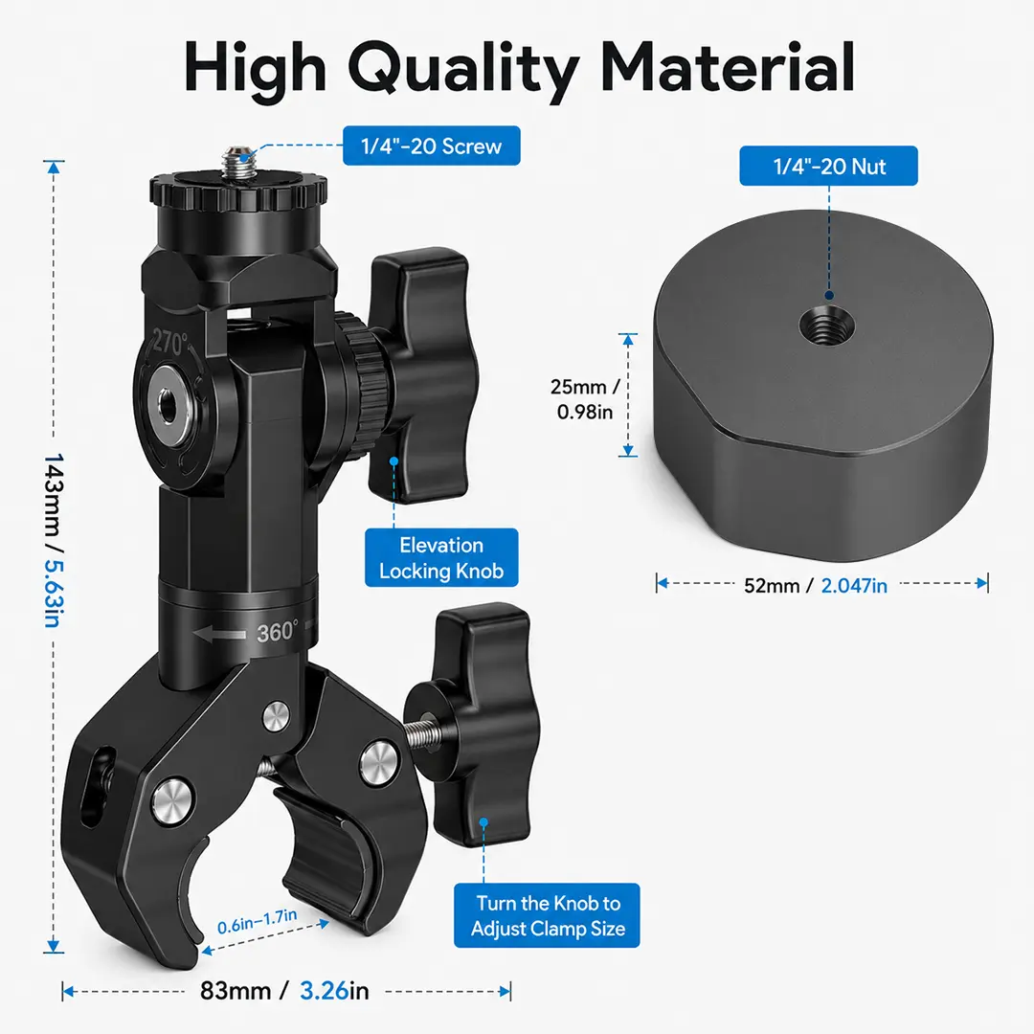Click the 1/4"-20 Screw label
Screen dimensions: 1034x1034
tap(431, 146)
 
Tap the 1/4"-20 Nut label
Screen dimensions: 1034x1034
tap(828, 167)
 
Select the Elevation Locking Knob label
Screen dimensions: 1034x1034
tap(441, 558)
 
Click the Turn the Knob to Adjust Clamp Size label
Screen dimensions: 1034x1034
tap(547, 915)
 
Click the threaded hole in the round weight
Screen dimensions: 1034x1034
tap(826, 324)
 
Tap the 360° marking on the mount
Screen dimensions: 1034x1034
tap(277, 632)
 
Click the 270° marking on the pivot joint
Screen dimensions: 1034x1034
tap(170, 342)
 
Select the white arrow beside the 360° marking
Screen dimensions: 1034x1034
tap(219, 635)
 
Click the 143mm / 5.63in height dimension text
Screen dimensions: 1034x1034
tap(54, 540)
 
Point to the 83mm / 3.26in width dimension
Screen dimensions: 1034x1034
tap(284, 991)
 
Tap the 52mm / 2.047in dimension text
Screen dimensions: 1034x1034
tap(815, 586)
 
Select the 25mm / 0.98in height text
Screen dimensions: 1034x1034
tap(585, 399)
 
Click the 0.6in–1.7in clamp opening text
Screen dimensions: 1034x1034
tap(258, 921)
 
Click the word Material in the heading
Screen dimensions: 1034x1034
tap(728, 66)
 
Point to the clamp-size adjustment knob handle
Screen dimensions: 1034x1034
tap(482, 726)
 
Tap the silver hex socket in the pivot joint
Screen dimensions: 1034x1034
tap(167, 404)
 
